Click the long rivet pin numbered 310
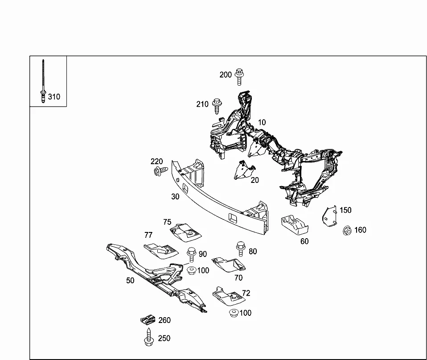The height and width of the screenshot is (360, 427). [x=43, y=81]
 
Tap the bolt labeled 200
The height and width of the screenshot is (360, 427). [x=239, y=77]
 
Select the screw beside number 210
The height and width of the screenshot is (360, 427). [x=217, y=106]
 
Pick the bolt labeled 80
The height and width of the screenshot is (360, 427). [x=241, y=248]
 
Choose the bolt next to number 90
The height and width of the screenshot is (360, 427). [x=192, y=255]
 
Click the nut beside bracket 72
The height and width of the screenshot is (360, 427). [x=234, y=313]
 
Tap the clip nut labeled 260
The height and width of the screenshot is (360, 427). [x=148, y=320]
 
